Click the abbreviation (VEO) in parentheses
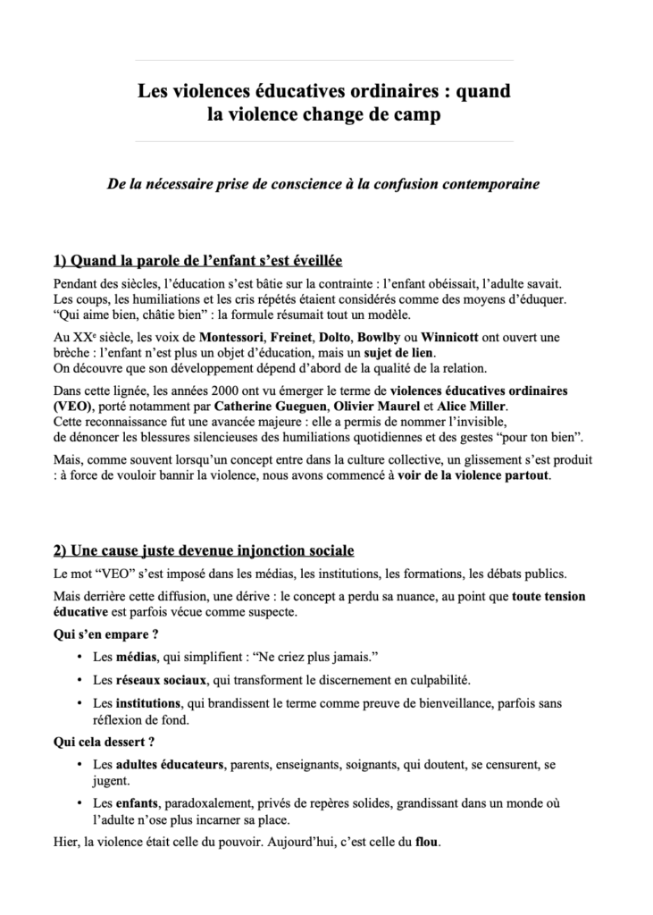coord(71,407)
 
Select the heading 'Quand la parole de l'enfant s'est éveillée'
coord(197,261)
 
